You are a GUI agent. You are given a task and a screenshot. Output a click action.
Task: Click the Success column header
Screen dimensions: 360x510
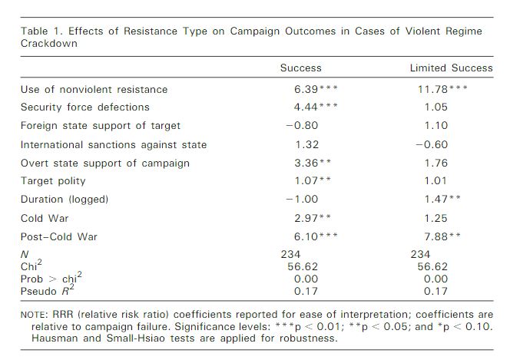pos(300,68)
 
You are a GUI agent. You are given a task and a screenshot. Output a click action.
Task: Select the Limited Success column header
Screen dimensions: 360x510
pos(452,68)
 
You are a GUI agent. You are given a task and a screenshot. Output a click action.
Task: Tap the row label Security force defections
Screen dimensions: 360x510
pos(84,107)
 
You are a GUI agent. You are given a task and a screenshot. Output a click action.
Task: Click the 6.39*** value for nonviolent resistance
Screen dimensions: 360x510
pos(316,89)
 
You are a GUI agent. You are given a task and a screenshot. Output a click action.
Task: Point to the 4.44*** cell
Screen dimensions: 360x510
pos(316,107)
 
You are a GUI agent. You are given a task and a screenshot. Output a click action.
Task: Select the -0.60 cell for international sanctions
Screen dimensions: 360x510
pos(432,144)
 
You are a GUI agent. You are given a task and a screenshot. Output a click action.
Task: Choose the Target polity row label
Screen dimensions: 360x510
pos(53,181)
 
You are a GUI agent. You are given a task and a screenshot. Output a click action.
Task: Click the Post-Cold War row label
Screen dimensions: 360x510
pos(61,236)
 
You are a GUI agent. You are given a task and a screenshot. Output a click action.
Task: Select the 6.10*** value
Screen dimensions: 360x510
pos(316,236)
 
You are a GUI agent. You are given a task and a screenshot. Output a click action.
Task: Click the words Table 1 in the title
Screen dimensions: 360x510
pos(41,31)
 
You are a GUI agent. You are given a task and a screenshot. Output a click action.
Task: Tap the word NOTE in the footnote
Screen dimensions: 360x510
pos(35,315)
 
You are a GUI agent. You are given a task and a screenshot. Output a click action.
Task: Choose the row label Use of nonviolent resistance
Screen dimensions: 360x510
pos(94,89)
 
